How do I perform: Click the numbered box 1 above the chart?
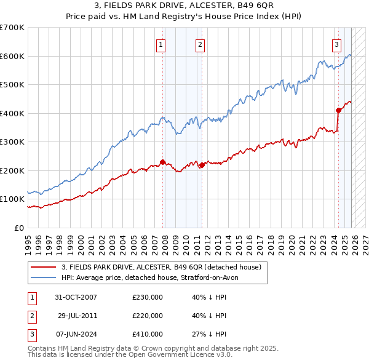click(161, 44)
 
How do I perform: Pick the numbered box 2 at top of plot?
click(200, 44)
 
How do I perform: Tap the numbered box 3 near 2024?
click(337, 44)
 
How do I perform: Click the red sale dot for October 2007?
click(163, 162)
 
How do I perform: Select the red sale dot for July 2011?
click(202, 165)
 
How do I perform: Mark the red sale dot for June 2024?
click(338, 111)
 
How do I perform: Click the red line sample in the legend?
click(44, 267)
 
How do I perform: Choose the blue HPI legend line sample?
click(44, 277)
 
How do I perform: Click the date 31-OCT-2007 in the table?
click(76, 297)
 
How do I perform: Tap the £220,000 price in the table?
click(148, 316)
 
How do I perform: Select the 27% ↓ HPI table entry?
click(209, 334)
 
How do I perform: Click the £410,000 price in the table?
click(148, 334)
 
